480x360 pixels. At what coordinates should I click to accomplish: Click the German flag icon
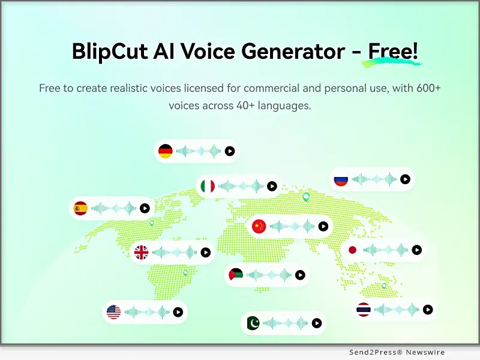pos(166,151)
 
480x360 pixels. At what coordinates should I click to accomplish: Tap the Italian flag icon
pos(208,186)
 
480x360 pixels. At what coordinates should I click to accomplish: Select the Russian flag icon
pos(341,179)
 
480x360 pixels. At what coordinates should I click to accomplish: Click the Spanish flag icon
pos(80,208)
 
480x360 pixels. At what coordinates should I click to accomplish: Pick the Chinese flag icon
pos(259,227)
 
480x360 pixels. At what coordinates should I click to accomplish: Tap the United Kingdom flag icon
pos(141,253)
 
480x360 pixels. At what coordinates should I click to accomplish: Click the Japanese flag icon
pos(352,250)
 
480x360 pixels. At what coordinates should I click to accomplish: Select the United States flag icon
pos(113,312)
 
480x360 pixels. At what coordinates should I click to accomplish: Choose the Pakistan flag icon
pos(253,323)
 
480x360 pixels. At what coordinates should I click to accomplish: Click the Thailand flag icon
pos(364,310)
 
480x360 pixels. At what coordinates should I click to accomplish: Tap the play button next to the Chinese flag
pos(323,227)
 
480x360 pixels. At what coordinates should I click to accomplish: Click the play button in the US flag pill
pos(178,312)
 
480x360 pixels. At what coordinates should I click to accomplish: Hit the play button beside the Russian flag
pos(405,179)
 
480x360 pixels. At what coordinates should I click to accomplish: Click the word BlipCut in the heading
pos(110,51)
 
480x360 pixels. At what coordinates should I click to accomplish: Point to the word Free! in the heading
pos(393,51)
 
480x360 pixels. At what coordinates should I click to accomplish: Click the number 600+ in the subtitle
pos(428,88)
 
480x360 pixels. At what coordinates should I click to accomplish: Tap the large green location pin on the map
pos(306,197)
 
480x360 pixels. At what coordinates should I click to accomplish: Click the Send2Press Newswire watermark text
pos(397,352)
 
